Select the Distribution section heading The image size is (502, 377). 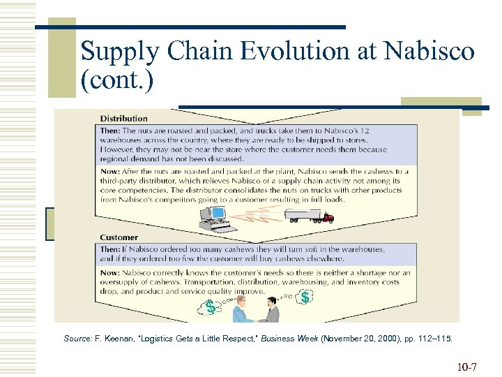coord(123,119)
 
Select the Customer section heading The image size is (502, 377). coord(119,238)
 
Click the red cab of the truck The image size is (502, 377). coord(328,218)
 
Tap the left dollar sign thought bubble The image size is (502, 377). coord(210,306)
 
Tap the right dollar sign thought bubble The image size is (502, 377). coord(305,298)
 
